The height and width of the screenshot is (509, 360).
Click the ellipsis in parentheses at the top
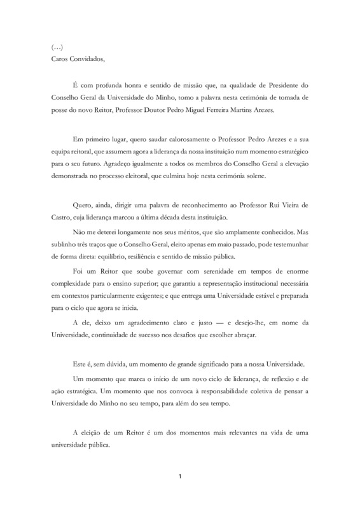click(57, 46)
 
